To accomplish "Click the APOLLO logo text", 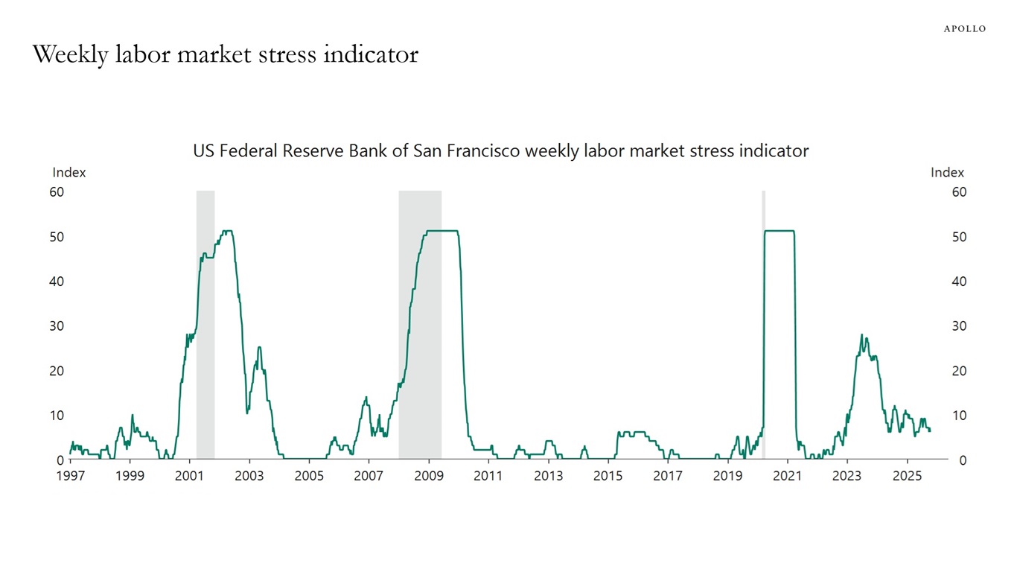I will click(x=964, y=28).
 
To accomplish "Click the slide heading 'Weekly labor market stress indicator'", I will click(x=225, y=54).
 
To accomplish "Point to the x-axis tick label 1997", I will click(x=70, y=476).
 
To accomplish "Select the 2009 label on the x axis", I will click(x=429, y=476).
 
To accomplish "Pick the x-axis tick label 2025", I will click(x=907, y=476).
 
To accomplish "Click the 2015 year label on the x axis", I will click(x=608, y=476).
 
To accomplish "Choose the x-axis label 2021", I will click(x=787, y=476).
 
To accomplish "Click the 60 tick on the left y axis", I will click(x=57, y=192).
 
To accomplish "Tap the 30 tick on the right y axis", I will click(x=959, y=326).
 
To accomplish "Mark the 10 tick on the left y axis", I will click(x=57, y=416).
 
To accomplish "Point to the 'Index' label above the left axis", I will click(x=69, y=173).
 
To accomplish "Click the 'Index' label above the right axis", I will click(x=947, y=173).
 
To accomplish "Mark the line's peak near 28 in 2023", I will click(x=861, y=335).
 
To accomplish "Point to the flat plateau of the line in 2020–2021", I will click(x=780, y=231).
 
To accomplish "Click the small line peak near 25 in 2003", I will click(x=258, y=347).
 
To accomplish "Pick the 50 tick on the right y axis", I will click(x=959, y=237).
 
